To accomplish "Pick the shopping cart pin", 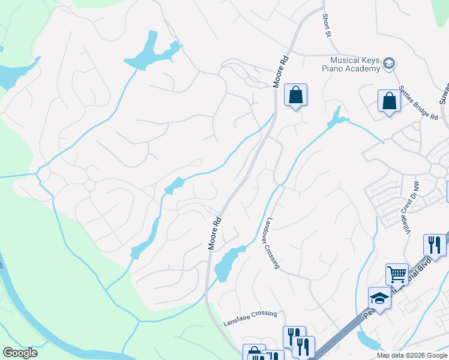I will click(x=396, y=274).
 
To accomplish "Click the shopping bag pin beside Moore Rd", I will click(x=295, y=95).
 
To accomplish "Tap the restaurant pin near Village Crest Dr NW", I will click(x=435, y=245).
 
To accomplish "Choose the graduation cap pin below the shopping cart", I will click(x=379, y=298).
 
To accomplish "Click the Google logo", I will click(x=20, y=353).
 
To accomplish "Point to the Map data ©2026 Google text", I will click(x=411, y=355).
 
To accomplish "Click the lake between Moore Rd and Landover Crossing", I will click(x=227, y=263).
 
